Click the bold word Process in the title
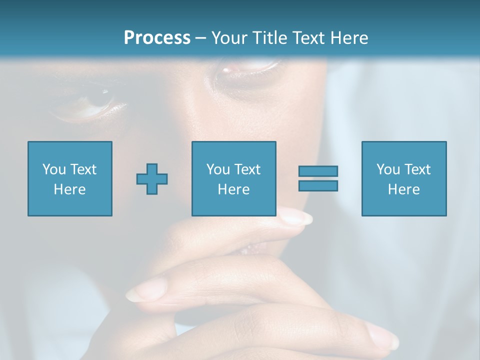pos(157,38)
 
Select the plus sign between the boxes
pos(152,179)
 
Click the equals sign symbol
pos(318,178)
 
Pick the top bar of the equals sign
pos(318,171)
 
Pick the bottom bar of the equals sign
pos(318,186)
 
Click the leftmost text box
pos(70,178)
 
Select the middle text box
pos(234,178)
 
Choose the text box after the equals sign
pos(404,178)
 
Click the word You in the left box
pos(53,169)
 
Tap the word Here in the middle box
pos(234,189)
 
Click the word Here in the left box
pos(70,189)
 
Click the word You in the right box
pos(387,169)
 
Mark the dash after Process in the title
pos(201,38)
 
